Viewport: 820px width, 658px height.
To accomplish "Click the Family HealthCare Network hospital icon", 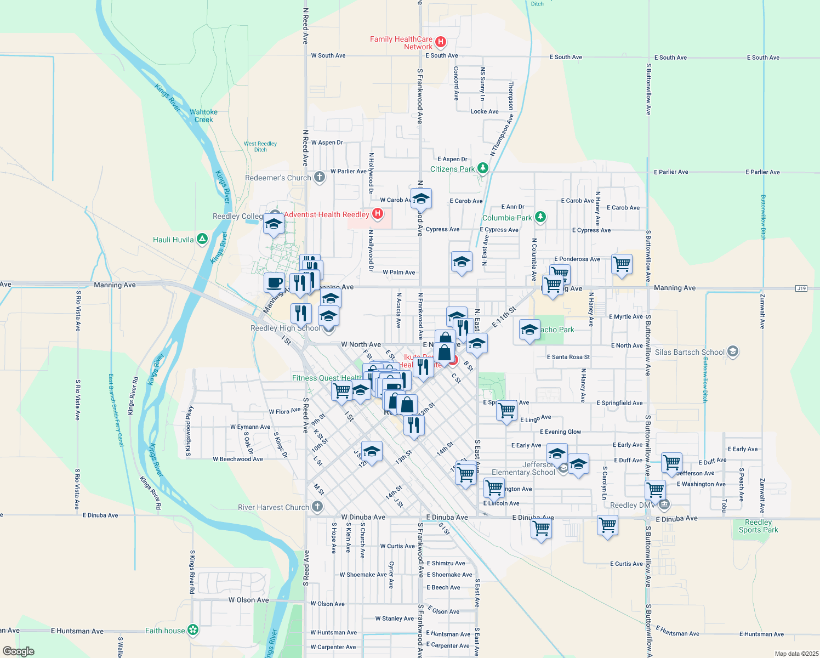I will tap(440, 42).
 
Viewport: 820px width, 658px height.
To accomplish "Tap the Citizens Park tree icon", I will tap(482, 168).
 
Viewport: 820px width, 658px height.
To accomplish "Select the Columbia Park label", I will tap(507, 218).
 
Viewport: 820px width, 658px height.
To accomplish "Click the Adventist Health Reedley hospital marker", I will tap(377, 214).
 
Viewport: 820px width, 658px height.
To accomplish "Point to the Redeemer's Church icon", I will tap(320, 177).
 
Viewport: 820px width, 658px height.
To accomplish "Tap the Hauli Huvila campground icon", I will tap(202, 239).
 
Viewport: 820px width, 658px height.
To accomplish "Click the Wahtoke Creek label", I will tap(203, 116).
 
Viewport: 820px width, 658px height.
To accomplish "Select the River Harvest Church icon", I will tap(317, 507).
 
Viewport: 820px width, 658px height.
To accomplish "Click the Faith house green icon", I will tap(193, 630).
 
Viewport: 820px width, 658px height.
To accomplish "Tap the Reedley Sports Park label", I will tap(758, 526).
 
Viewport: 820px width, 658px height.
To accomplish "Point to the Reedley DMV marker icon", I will tap(664, 504).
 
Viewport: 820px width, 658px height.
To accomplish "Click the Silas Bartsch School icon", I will tap(733, 351).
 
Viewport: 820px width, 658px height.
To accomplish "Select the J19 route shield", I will tap(801, 288).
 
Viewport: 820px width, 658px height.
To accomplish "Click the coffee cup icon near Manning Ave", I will tap(274, 282).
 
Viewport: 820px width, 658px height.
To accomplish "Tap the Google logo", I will tap(19, 651).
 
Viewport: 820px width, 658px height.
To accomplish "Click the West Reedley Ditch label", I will tap(260, 146).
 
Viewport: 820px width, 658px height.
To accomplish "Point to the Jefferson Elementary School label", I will tap(523, 468).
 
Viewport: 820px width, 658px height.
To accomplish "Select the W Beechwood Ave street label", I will tap(238, 459).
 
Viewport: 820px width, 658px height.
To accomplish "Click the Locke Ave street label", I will tap(485, 111).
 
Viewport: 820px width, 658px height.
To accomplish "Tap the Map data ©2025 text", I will tap(794, 654).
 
